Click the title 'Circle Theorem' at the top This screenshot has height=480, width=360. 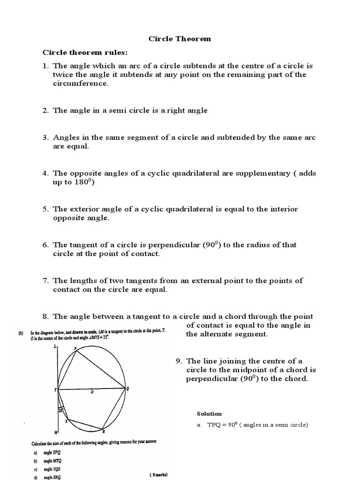[x=180, y=38]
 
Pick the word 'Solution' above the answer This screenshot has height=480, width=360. [x=209, y=413]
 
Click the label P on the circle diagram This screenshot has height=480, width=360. [x=75, y=348]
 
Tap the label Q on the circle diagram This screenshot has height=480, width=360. [x=127, y=388]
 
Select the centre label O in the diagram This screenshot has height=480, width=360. [x=92, y=392]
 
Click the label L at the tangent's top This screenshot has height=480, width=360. [x=55, y=346]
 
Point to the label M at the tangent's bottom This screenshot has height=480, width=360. [x=56, y=432]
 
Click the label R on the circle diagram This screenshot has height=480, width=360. [x=104, y=431]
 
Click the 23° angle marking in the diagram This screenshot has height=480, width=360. [x=61, y=410]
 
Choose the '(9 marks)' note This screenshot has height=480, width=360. [x=158, y=474]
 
